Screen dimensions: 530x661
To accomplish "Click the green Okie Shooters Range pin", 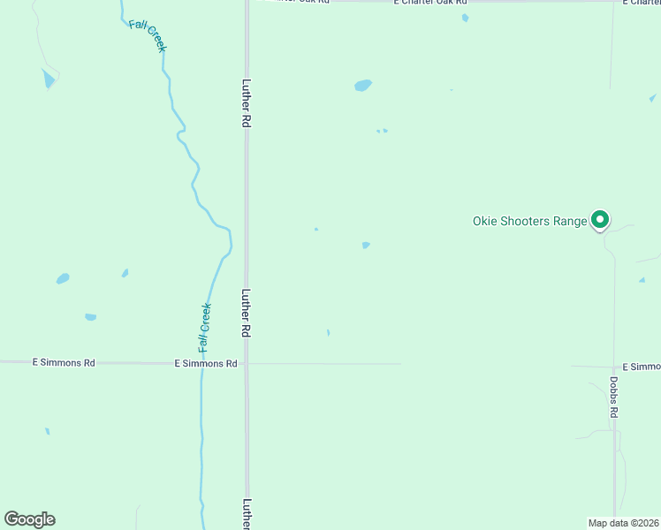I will (x=600, y=219).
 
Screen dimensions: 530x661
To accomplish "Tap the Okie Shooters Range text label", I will (x=530, y=221).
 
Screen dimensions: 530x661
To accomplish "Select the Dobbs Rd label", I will (x=613, y=397).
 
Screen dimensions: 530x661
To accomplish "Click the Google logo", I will (x=29, y=519).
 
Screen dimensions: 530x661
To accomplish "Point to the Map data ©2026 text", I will (x=623, y=522).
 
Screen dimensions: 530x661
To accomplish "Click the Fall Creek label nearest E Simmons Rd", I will (x=205, y=329).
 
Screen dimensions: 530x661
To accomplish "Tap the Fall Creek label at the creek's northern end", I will (x=147, y=35).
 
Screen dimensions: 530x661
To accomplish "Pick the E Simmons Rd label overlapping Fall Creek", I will (x=205, y=363).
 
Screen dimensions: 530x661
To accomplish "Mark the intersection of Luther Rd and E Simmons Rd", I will (x=247, y=363).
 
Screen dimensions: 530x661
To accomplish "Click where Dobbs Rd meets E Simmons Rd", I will (x=614, y=366).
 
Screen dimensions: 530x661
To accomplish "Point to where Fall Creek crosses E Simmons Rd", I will (x=202, y=363).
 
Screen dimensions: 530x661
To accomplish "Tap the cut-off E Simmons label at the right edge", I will (x=641, y=366).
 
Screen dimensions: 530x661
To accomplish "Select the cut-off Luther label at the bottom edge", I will (x=247, y=514).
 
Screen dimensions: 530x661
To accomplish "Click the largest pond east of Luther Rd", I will (x=362, y=86).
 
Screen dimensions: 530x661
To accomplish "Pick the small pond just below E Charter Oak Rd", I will (x=465, y=18).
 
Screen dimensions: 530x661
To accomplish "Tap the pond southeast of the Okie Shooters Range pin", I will (x=642, y=280).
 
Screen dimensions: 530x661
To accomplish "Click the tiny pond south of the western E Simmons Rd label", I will (x=47, y=431).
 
